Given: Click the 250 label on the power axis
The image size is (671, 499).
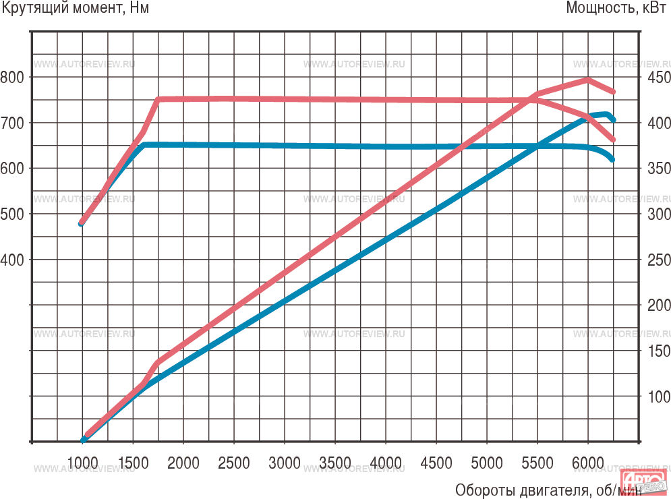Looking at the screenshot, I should pyautogui.click(x=658, y=260).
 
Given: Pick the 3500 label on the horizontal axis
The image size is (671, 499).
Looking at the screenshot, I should pyautogui.click(x=334, y=463).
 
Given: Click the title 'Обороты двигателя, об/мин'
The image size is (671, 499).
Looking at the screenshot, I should pyautogui.click(x=548, y=489).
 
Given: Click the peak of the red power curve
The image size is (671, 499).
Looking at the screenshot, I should pyautogui.click(x=587, y=80).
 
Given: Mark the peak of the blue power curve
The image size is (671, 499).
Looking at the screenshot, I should pyautogui.click(x=607, y=114).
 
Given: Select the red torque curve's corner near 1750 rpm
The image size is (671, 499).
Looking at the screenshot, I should pyautogui.click(x=158, y=99).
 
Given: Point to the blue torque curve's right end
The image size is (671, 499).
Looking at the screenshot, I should pyautogui.click(x=612, y=160).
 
